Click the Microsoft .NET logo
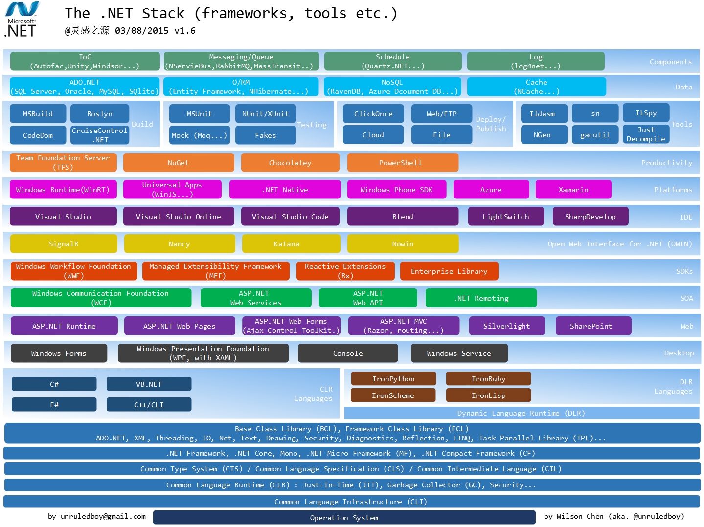[x=22, y=20]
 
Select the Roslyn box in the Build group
[x=100, y=114]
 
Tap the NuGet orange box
[x=178, y=163]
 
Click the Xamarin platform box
[x=573, y=190]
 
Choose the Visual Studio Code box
[x=290, y=217]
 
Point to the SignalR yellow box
[x=64, y=244]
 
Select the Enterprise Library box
[x=449, y=271]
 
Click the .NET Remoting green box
[x=481, y=298]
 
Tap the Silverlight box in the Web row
[x=506, y=326]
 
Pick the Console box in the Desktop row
[x=348, y=353]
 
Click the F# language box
[x=54, y=405]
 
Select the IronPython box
[x=393, y=379]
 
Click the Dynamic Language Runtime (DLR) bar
[x=521, y=413]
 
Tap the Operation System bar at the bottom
[x=344, y=518]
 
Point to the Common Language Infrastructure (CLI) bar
[x=351, y=502]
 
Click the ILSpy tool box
[x=646, y=113]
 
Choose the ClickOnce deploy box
[x=373, y=114]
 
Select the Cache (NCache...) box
[x=536, y=87]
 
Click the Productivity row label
[x=666, y=163]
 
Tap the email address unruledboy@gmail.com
[x=97, y=516]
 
